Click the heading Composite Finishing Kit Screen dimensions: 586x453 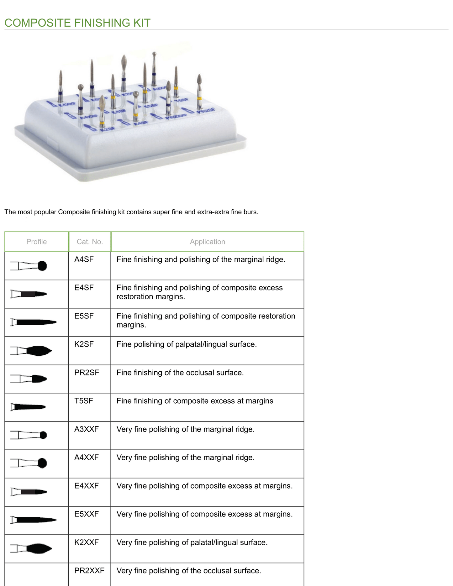[x=77, y=23]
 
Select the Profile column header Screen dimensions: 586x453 [x=36, y=242]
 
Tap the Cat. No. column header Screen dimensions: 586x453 [x=90, y=242]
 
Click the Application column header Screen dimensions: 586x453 [x=207, y=242]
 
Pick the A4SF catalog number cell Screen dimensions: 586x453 [x=84, y=259]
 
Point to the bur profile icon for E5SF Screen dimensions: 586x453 [x=33, y=322]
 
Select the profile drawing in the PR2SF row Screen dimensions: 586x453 [x=29, y=379]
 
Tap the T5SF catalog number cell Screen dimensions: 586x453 [x=83, y=401]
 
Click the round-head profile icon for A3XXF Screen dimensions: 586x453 [x=29, y=435]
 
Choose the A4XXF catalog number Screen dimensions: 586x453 [x=86, y=458]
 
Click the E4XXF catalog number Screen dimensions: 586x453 [x=86, y=486]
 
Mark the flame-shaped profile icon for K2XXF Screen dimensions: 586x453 [x=31, y=548]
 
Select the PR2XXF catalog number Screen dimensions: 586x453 [x=89, y=571]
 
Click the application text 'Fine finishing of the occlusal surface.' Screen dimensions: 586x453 [x=180, y=373]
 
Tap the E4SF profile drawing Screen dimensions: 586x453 [x=29, y=294]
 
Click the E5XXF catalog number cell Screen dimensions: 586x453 [x=86, y=514]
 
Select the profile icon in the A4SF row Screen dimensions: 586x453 [x=29, y=266]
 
